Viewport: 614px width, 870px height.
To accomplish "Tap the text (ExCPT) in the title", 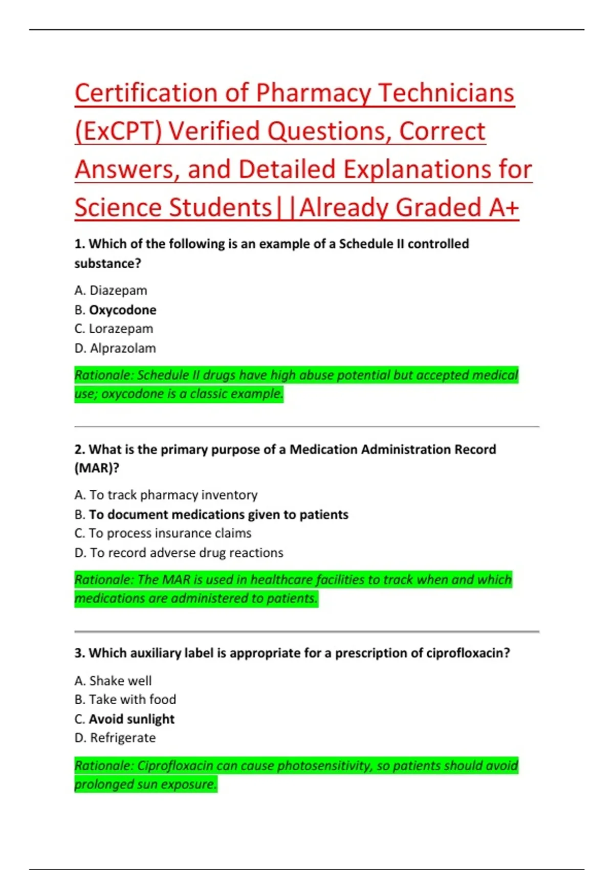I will coord(118,132).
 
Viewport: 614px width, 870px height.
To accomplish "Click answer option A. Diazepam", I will coord(111,290).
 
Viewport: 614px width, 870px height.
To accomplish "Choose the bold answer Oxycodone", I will coord(122,310).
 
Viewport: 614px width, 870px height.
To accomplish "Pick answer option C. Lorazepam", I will coord(114,329).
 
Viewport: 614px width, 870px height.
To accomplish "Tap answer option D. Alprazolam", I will coord(115,348).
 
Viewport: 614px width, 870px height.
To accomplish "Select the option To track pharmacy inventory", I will coord(173,495).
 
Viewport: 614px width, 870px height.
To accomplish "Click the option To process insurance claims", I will coord(170,533).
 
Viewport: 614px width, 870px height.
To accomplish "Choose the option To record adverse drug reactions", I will coord(186,553).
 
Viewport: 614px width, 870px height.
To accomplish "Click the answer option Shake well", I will coord(120,681).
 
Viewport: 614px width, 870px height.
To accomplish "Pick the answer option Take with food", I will coord(132,700).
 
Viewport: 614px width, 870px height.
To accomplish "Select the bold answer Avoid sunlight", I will coord(131,719).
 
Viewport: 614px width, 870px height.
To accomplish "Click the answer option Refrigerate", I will coord(123,738).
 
